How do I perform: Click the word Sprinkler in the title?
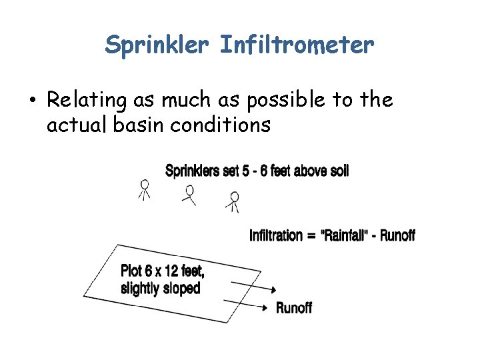point(157,45)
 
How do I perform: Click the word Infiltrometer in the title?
point(297,45)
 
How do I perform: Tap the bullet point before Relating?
point(32,101)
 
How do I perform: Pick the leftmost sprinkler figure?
point(145,189)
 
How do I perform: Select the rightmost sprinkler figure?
point(233,201)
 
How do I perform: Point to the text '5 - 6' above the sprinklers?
point(257,171)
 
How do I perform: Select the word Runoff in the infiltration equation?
point(397,235)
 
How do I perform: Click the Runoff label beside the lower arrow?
point(294,307)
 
